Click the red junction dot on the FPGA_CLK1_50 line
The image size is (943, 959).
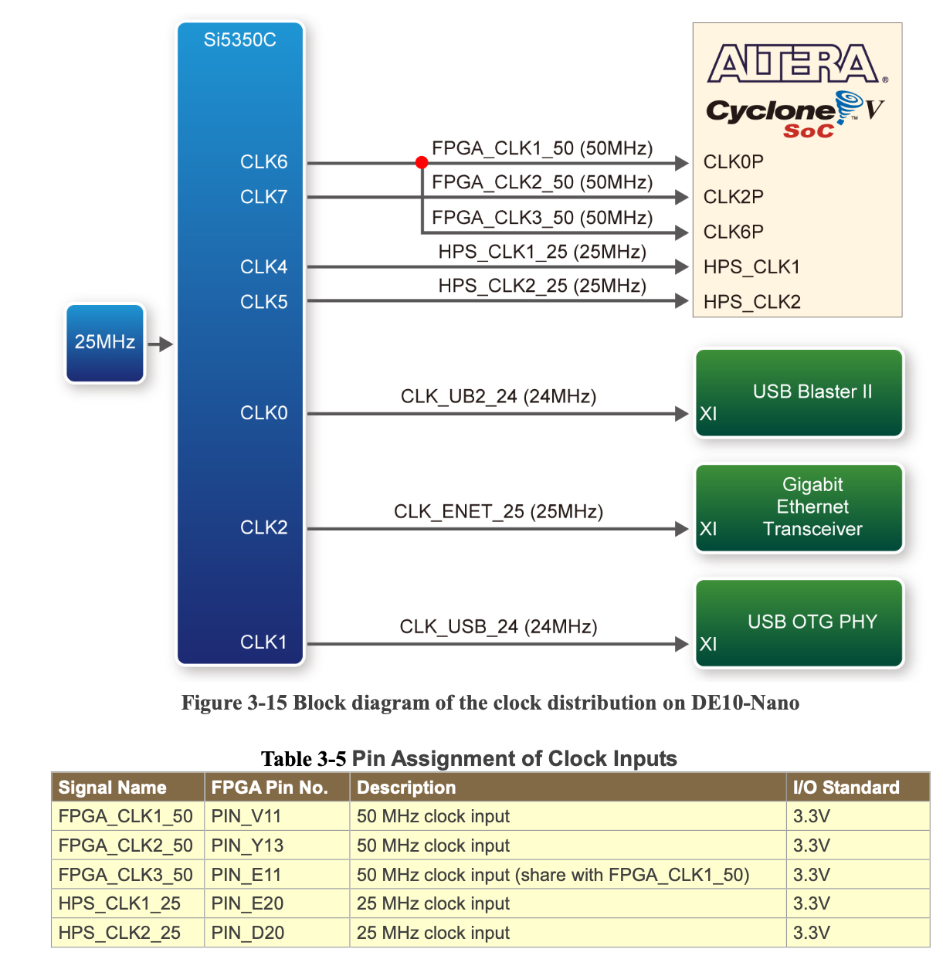(x=422, y=162)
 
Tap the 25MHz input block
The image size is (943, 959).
(x=105, y=343)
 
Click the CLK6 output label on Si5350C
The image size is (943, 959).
(x=263, y=162)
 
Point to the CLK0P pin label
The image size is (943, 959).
(x=733, y=162)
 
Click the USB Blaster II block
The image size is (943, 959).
(x=799, y=393)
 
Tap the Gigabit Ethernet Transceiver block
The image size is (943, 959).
(x=799, y=507)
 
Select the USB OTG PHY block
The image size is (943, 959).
(x=799, y=623)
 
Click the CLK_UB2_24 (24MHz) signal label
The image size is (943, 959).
(x=498, y=397)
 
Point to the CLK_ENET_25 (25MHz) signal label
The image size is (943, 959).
(x=498, y=512)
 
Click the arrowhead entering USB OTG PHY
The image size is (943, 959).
(x=681, y=644)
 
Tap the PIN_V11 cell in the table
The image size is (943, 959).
(x=246, y=816)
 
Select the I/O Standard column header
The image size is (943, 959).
(x=846, y=788)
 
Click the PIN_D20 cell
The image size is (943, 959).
(x=248, y=933)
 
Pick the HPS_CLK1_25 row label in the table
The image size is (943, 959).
(x=120, y=903)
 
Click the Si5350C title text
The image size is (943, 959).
(x=239, y=40)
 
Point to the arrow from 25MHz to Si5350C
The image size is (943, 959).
(x=161, y=344)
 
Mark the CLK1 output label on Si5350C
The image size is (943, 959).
(x=263, y=642)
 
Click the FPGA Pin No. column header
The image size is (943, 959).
(x=270, y=788)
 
